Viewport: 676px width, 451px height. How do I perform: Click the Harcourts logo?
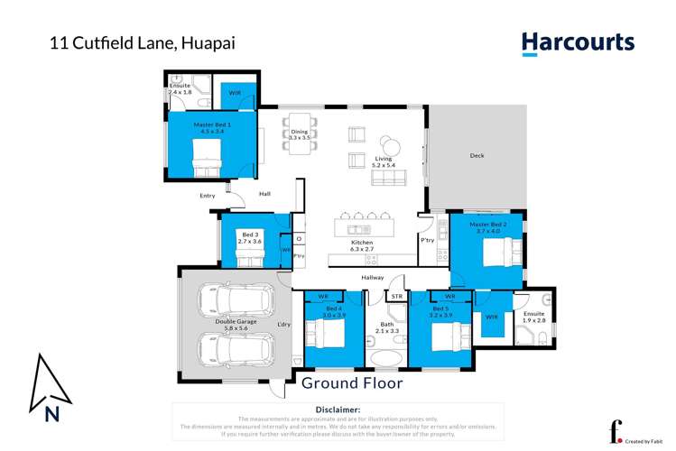pos(578,43)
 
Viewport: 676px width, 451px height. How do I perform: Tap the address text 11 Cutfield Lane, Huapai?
pos(140,42)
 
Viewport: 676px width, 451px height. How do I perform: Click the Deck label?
pos(477,156)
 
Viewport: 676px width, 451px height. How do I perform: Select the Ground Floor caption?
pos(352,382)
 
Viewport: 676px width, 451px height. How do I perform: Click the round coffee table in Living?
pos(390,144)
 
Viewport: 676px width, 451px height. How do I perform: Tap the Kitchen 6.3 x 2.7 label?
pos(361,246)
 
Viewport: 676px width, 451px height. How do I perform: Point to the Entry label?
pos(208,195)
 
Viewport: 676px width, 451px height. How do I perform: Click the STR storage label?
pos(395,296)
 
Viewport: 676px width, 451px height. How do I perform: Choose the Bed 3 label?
pos(249,237)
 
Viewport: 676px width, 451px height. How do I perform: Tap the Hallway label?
pos(373,278)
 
